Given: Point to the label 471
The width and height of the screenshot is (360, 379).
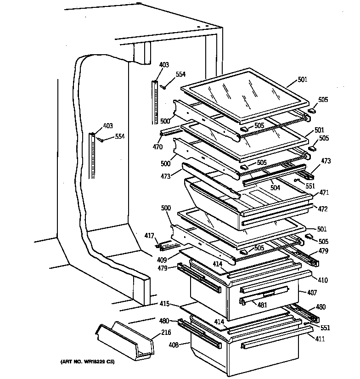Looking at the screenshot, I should [x=324, y=193].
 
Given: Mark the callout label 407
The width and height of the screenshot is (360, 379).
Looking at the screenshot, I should [x=312, y=293].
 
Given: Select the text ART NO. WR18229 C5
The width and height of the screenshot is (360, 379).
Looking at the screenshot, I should [x=87, y=363].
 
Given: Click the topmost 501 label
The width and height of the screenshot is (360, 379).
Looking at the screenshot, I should [x=303, y=79].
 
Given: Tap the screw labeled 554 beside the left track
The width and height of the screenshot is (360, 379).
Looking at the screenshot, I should [x=101, y=140].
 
